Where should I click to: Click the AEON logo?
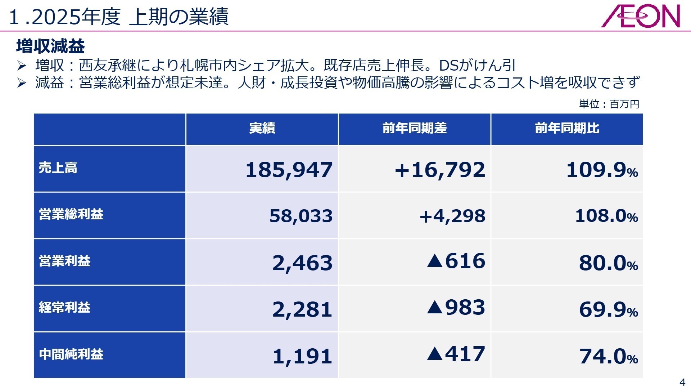tap(640, 17)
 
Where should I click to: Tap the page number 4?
tap(682, 382)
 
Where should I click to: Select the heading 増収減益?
tap(50, 46)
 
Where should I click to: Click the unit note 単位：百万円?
tap(609, 104)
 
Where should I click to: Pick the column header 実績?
tap(262, 128)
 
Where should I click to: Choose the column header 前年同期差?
tap(415, 128)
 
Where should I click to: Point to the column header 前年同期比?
tap(567, 128)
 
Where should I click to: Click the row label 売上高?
tap(58, 168)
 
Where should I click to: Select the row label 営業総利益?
tap(71, 214)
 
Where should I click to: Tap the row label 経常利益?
tap(64, 308)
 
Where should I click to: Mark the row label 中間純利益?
tap(71, 354)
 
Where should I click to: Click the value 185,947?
tap(289, 170)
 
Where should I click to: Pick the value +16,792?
tap(440, 170)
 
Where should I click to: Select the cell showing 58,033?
tap(301, 216)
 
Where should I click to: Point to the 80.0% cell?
tap(608, 263)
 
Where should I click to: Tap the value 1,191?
tap(302, 357)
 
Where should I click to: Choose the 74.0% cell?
tap(608, 357)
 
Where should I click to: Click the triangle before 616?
tap(435, 261)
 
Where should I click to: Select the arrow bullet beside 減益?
tap(22, 83)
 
